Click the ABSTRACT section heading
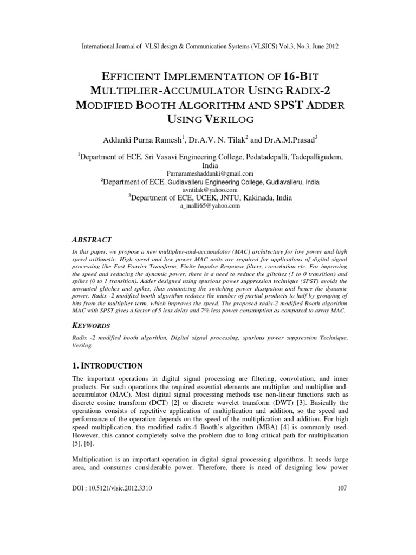[92, 239]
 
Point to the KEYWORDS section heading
[91, 326]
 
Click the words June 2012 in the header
[325, 47]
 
